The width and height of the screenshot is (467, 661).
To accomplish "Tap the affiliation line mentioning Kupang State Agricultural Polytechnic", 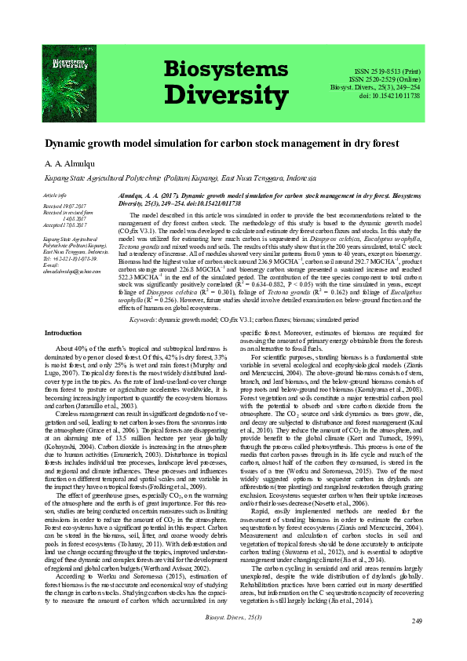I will (x=174, y=178).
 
